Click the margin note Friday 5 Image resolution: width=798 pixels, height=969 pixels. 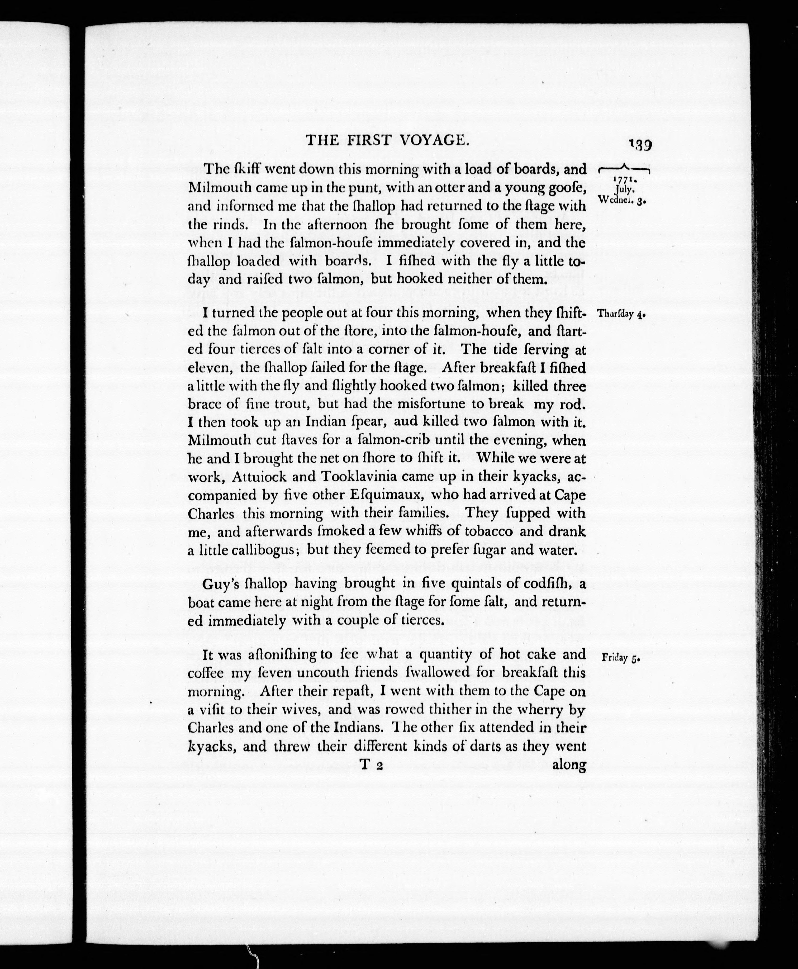pyautogui.click(x=621, y=658)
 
